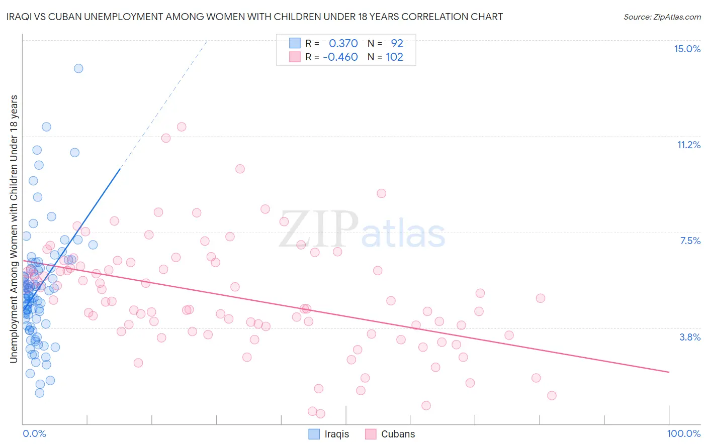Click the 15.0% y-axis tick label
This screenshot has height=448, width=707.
click(687, 49)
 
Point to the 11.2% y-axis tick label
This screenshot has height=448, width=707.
click(688, 145)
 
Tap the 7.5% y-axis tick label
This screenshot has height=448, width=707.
click(690, 241)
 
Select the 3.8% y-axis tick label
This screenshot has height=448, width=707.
click(690, 337)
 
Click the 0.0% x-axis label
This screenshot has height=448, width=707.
click(34, 433)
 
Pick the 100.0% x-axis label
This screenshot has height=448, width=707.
click(683, 433)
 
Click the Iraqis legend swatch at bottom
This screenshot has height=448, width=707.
click(314, 434)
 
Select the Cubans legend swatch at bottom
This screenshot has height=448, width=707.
click(371, 434)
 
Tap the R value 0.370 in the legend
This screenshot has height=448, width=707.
click(343, 43)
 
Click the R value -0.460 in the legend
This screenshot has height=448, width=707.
click(340, 57)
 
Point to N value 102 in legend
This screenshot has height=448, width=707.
click(394, 57)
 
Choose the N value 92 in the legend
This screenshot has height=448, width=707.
click(397, 43)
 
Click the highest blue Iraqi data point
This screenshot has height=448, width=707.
click(78, 68)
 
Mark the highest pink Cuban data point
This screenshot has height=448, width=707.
click(182, 127)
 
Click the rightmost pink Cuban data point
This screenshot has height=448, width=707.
click(552, 395)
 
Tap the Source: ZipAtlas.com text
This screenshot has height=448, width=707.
click(662, 17)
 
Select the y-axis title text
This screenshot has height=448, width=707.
click(14, 229)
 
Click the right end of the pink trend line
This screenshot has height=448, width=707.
click(669, 372)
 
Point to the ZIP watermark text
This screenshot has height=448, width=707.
click(318, 230)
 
